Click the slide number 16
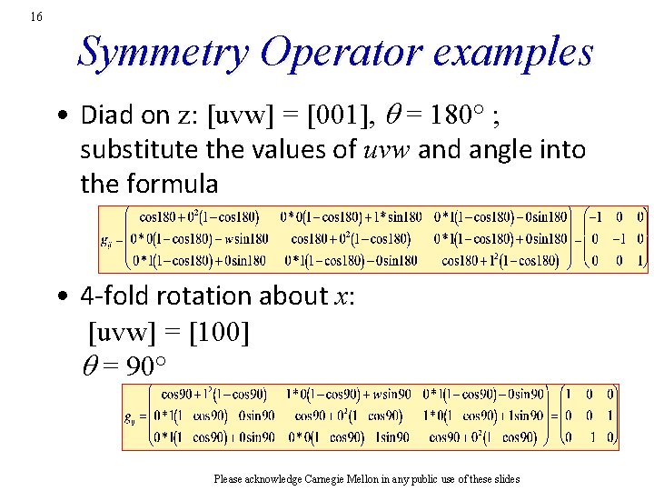pos(35,17)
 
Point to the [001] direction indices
pos(336,115)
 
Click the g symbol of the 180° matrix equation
pos(106,241)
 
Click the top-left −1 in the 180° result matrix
pos(594,217)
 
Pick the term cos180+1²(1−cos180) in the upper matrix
pos(500,261)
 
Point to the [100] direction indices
pos(216,332)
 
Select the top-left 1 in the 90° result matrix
pos(568,395)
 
